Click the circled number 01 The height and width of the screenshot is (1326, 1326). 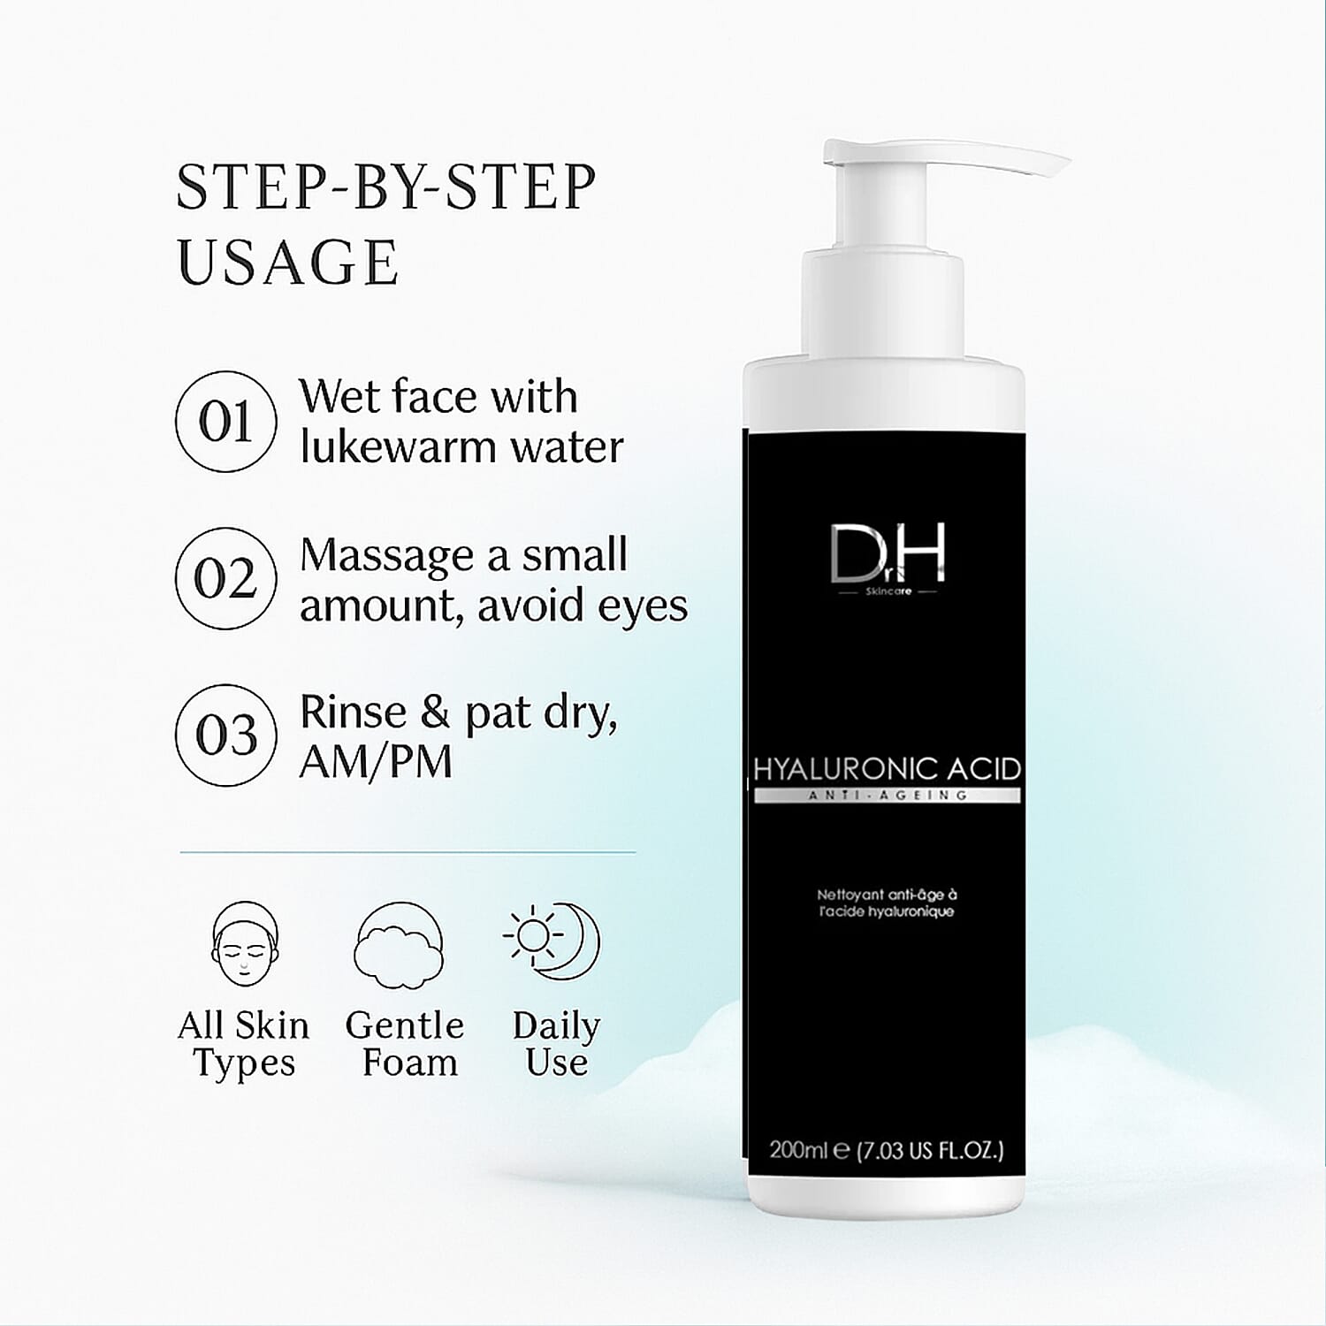pos(225,422)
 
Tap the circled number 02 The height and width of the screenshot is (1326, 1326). pos(225,579)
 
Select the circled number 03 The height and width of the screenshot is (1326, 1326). pos(225,735)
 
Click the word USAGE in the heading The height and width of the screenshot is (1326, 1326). pos(288,263)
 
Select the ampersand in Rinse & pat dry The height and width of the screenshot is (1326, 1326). pos(434,713)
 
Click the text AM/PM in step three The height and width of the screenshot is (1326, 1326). pos(376,761)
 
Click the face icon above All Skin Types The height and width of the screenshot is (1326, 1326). pos(245,944)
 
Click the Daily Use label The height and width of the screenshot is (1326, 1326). pos(556,1044)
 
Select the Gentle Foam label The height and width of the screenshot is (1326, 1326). pos(405,1044)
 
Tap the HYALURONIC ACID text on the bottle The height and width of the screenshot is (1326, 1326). pos(887,768)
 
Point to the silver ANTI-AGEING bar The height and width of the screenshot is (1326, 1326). pos(887,796)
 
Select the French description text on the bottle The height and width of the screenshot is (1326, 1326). pos(887,903)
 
